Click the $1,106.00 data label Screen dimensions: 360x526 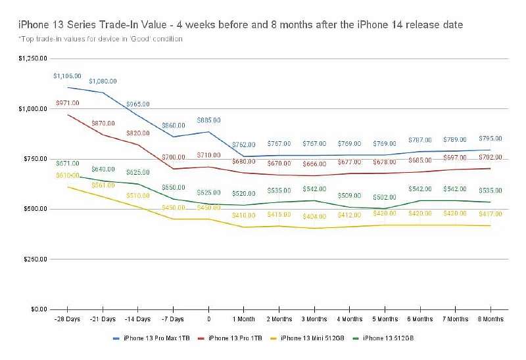click(x=67, y=76)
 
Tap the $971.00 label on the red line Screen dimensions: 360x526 click(x=67, y=103)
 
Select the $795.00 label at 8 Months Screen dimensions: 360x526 click(x=490, y=139)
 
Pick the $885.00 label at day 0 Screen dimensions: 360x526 click(x=208, y=120)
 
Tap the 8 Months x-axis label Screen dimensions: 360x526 click(x=490, y=319)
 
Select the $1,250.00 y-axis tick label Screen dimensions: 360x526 click(x=33, y=58)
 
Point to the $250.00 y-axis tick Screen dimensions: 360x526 click(x=35, y=259)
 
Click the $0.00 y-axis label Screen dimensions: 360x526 click(x=38, y=309)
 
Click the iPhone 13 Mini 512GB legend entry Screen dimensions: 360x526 click(x=312, y=338)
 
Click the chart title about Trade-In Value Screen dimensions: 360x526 click(x=240, y=24)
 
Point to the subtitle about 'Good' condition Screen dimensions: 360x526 click(x=101, y=39)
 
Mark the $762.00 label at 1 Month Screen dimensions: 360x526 click(x=243, y=145)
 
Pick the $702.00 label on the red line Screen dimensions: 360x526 click(x=490, y=158)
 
